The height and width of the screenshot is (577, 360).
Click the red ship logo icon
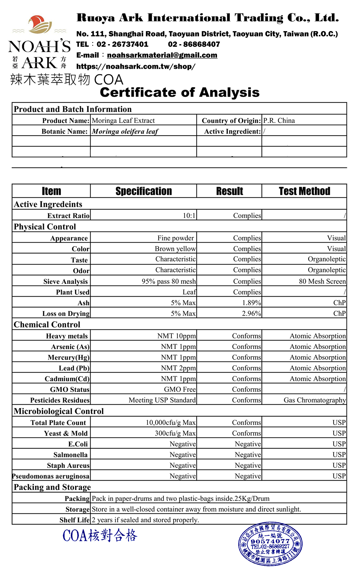(x=40, y=24)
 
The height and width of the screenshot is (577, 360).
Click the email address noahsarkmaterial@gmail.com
(x=162, y=55)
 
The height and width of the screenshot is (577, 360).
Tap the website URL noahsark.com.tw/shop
(x=136, y=66)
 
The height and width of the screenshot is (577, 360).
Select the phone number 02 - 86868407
(x=194, y=44)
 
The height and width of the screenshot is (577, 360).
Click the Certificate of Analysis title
(x=180, y=92)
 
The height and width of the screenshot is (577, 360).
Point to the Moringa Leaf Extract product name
(x=123, y=121)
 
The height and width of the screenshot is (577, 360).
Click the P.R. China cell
(x=279, y=121)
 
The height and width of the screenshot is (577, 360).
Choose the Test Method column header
(x=304, y=191)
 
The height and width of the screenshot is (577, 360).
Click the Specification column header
(x=143, y=191)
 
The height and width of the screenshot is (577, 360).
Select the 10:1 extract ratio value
(x=189, y=215)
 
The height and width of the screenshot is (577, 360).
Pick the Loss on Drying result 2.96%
(x=251, y=314)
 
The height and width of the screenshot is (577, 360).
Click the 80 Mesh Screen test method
(x=322, y=281)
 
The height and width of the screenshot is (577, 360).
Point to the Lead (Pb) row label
(x=74, y=368)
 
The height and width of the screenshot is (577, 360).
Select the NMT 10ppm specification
(x=176, y=336)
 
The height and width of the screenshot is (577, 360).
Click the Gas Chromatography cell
(x=315, y=400)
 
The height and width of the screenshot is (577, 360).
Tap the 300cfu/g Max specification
(x=175, y=433)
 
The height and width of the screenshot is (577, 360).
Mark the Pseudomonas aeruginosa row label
(x=51, y=476)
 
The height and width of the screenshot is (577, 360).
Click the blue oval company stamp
(x=270, y=544)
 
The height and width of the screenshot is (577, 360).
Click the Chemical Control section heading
(x=47, y=325)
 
